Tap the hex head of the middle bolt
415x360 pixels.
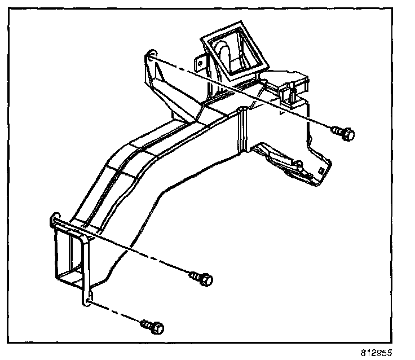pos(207,278)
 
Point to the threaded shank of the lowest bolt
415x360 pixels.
pos(146,324)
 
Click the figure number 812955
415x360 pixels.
pos(376,351)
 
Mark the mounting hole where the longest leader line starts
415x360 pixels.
pos(150,55)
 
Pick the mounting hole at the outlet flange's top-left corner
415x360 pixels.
pos(55,217)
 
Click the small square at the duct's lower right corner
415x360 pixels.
pos(321,169)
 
